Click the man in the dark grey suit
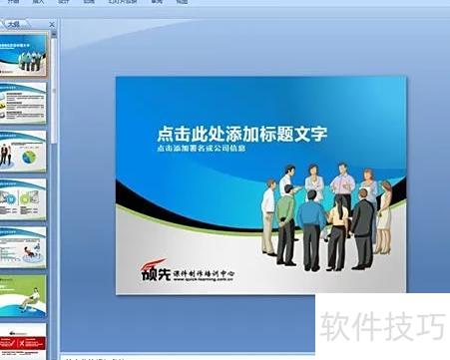363,225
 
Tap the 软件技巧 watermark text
380,327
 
